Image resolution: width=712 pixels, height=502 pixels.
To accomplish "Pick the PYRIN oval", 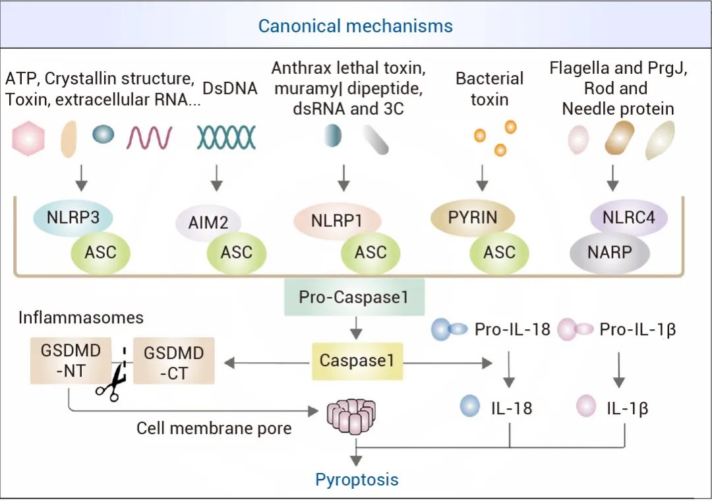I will click(473, 218).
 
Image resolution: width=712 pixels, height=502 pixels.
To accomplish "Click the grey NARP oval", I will click(609, 253).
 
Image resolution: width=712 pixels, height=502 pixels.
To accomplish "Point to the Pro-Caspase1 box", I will click(353, 297).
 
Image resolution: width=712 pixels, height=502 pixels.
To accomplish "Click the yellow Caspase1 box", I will click(357, 361).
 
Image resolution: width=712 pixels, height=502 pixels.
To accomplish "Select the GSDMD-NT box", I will click(62, 360).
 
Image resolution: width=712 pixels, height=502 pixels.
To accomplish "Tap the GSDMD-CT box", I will click(173, 361).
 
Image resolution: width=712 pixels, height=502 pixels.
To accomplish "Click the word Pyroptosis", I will click(357, 479).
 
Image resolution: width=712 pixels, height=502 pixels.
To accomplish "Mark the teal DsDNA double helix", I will click(226, 137).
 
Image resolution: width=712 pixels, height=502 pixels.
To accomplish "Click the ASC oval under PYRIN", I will click(499, 253).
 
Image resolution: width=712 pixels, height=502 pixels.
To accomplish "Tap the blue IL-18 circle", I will click(470, 406).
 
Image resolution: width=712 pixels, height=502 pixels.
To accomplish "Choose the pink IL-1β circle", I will click(586, 406).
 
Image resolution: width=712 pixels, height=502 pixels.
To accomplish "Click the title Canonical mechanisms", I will click(355, 26).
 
